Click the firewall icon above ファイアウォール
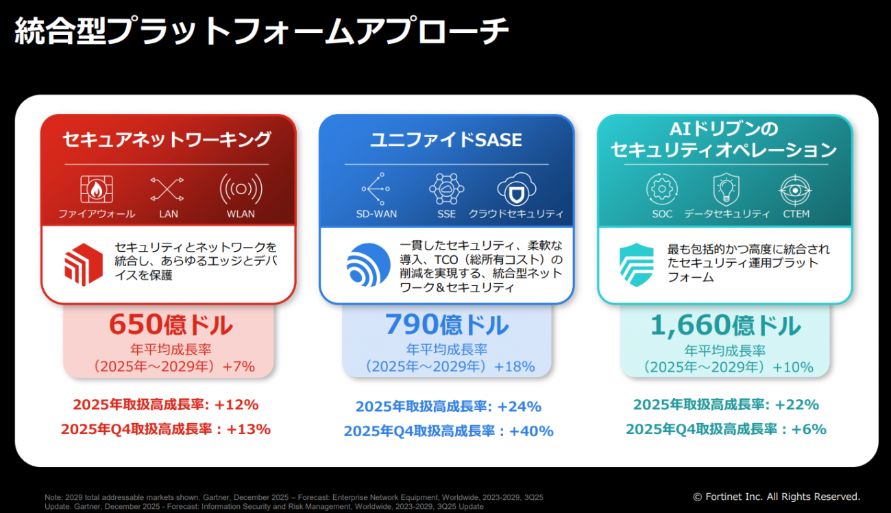tap(96, 189)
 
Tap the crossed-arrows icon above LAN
tap(167, 189)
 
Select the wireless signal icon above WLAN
tap(241, 189)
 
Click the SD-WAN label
tap(376, 214)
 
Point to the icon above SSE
tap(446, 189)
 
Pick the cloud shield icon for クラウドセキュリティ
tap(516, 189)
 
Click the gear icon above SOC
tap(662, 189)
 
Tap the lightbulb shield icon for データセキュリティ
tap(727, 189)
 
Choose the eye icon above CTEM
tap(795, 190)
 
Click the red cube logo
tap(84, 265)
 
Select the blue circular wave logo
tap(368, 265)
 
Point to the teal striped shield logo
tap(637, 265)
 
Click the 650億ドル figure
tap(171, 324)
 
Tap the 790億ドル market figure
tap(447, 324)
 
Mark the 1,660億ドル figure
tap(725, 325)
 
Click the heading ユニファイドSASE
tap(446, 140)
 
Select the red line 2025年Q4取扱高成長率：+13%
tap(166, 429)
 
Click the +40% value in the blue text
tap(531, 431)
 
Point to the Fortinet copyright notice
tap(777, 497)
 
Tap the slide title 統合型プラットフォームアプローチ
tap(261, 31)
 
